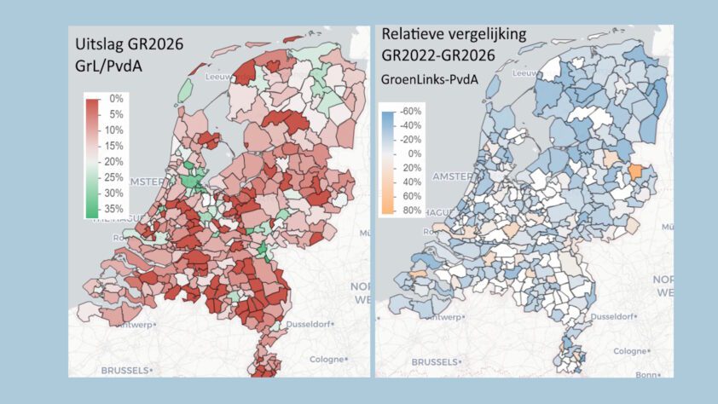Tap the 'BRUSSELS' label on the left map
pyautogui.click(x=124, y=371)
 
